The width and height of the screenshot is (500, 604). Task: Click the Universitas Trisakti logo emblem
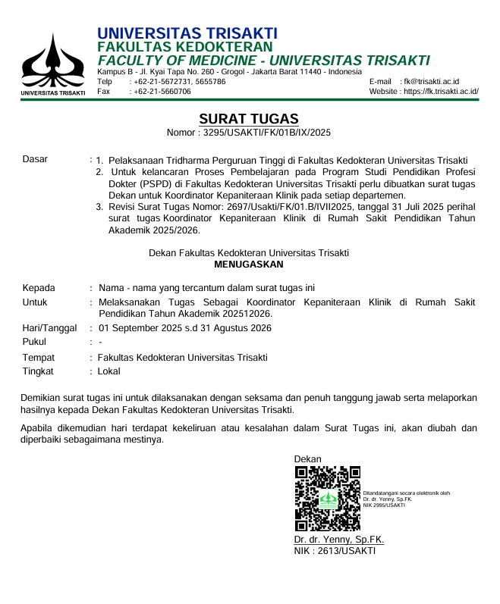coord(52,60)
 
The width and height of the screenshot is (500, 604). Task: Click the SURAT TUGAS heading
coord(249,119)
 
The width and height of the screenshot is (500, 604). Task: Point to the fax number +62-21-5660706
coord(161,91)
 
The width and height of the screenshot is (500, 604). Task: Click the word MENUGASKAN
coord(249,264)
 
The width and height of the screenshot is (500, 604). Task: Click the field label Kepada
coord(39,288)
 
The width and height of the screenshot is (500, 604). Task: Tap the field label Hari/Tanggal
coord(49,328)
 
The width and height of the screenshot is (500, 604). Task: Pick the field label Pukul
coord(34,342)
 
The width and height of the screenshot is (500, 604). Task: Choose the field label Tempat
coord(38,358)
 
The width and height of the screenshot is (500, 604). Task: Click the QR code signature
coord(327,498)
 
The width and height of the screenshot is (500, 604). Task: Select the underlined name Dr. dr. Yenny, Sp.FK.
coord(339,540)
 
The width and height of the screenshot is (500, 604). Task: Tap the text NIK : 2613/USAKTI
coord(335,551)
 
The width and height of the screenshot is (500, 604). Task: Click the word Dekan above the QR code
coord(307,459)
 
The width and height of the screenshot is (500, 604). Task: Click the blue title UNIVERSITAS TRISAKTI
coord(187,33)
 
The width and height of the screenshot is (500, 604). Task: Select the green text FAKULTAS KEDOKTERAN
coord(185,47)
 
